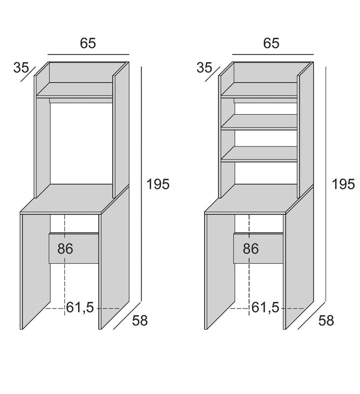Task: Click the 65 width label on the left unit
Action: click(88, 43)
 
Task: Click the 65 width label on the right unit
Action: click(272, 43)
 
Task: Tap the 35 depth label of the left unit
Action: click(21, 67)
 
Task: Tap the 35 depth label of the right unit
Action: click(204, 67)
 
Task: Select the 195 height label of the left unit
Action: click(158, 184)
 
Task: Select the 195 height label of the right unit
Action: click(343, 184)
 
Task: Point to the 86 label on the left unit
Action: click(65, 248)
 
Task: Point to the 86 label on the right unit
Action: click(250, 248)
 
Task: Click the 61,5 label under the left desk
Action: click(80, 307)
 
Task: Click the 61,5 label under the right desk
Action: click(265, 307)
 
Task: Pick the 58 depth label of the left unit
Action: click(140, 320)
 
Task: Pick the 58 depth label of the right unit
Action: click(326, 320)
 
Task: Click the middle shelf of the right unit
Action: click(259, 122)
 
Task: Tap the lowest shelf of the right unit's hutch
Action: click(259, 154)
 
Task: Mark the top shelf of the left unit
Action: click(75, 90)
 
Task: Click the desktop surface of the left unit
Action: click(75, 199)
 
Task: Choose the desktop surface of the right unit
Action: click(259, 199)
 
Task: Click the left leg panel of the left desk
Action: click(35, 272)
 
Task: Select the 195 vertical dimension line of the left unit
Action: click(141, 184)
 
